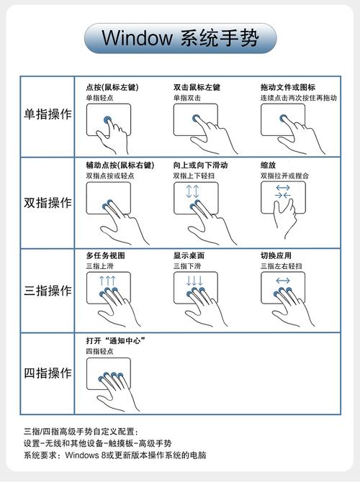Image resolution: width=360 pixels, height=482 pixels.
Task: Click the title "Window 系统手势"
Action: (179, 37)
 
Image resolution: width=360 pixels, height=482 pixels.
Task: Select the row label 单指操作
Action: (48, 115)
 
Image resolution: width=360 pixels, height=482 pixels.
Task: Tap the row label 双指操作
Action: (48, 203)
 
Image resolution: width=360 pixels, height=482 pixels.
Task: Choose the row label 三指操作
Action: (48, 291)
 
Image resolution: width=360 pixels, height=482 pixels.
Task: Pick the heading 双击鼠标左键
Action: (197, 87)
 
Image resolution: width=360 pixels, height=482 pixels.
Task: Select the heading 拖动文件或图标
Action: (288, 87)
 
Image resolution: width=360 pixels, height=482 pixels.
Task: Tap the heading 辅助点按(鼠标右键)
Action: (120, 165)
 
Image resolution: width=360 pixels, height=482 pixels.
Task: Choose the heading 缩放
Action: (268, 165)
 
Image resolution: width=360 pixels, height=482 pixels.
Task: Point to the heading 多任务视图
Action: (106, 255)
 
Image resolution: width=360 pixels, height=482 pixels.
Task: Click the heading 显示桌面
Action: (189, 255)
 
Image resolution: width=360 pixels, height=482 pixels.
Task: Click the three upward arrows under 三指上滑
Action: (107, 281)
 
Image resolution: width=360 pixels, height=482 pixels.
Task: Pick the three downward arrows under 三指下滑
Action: (194, 281)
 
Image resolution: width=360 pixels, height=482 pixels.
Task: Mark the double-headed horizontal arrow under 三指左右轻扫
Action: (282, 281)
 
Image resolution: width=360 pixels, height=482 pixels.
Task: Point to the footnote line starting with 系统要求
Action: (115, 455)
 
